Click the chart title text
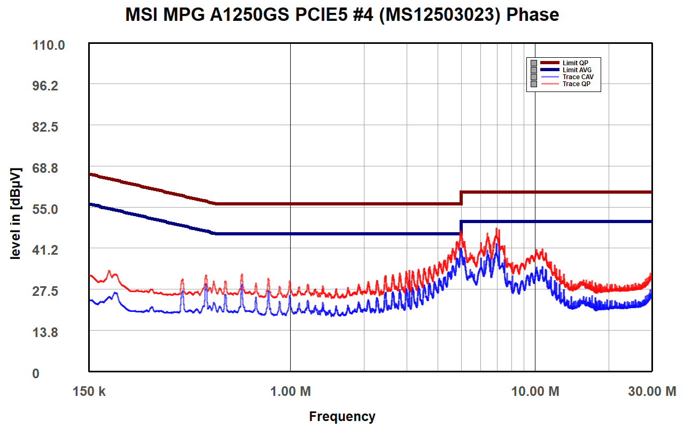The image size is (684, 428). pyautogui.click(x=342, y=14)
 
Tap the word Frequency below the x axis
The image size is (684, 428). pyautogui.click(x=342, y=416)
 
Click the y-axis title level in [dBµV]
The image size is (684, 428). pyautogui.click(x=16, y=215)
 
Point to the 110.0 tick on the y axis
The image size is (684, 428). pyautogui.click(x=50, y=45)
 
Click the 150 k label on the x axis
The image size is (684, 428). pyautogui.click(x=89, y=392)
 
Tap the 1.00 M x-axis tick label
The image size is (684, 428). pyautogui.click(x=290, y=392)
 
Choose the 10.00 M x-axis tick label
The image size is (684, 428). pyautogui.click(x=535, y=392)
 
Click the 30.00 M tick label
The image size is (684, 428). pyautogui.click(x=651, y=392)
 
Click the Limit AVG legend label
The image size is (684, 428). pyautogui.click(x=577, y=70)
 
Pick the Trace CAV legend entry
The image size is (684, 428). pyautogui.click(x=578, y=77)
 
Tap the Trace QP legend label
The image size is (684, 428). pyautogui.click(x=576, y=84)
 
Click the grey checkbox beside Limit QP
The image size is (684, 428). pyautogui.click(x=533, y=63)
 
